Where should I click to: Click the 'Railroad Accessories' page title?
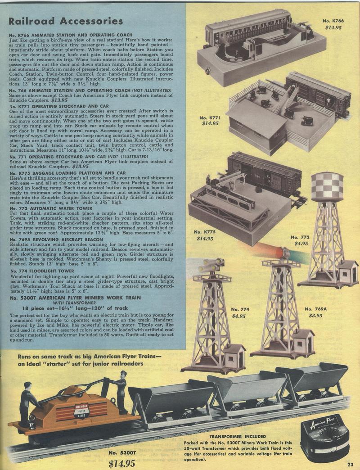tap(66, 21)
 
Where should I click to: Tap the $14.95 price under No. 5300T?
tap(121, 463)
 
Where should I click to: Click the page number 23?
tap(350, 465)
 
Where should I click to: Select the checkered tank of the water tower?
tap(327, 187)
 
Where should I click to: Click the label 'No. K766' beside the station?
tap(333, 21)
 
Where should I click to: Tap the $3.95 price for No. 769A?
tap(315, 315)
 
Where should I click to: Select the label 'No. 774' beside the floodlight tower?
tap(240, 309)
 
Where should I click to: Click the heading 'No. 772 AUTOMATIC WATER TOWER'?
tap(51, 208)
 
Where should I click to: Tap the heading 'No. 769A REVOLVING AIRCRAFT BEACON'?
tap(56, 240)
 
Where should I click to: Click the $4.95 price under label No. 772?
tap(301, 243)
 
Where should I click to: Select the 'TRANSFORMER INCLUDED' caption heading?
tap(238, 436)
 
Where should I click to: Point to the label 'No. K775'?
tap(205, 232)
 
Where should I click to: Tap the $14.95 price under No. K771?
tap(210, 123)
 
